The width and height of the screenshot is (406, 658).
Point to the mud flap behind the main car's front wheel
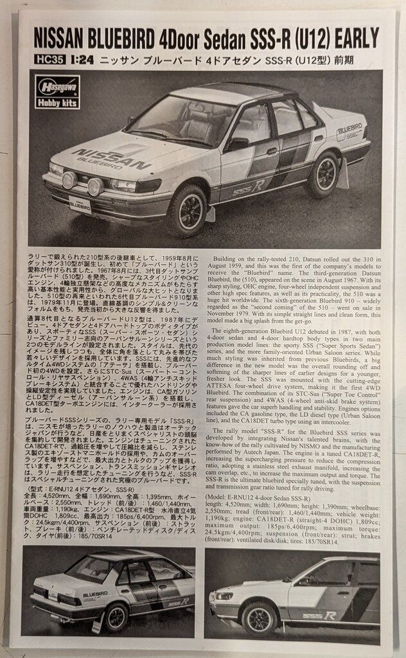(210, 213)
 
